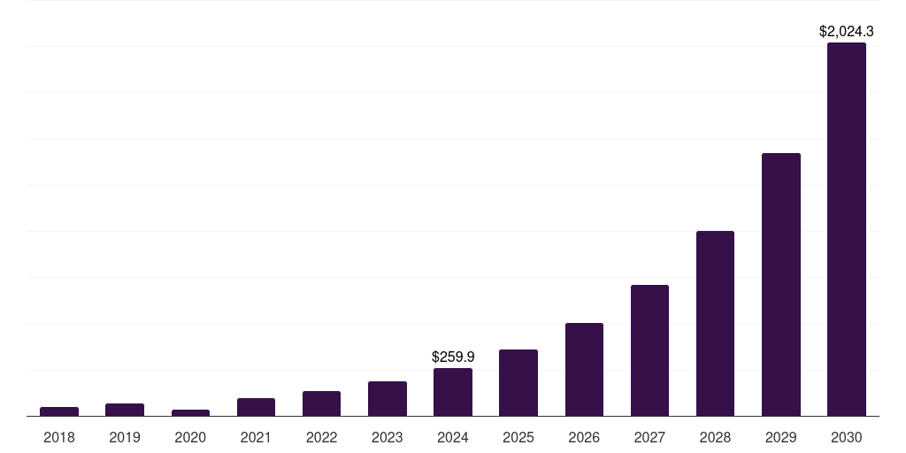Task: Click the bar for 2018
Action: (x=59, y=411)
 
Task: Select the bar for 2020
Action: (x=190, y=412)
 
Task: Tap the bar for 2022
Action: (x=321, y=403)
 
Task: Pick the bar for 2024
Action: (x=453, y=392)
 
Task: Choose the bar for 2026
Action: (x=584, y=370)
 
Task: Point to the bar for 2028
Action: (x=715, y=324)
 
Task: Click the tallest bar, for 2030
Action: (x=847, y=229)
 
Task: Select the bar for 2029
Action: (x=781, y=285)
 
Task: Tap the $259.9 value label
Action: (x=453, y=357)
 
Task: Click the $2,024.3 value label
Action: (x=847, y=31)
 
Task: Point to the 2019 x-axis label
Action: (x=125, y=437)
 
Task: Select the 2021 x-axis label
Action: (x=256, y=437)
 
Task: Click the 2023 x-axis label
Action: (x=388, y=437)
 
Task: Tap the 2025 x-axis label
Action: (x=518, y=437)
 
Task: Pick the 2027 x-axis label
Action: (x=649, y=437)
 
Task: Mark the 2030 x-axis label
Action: (x=847, y=437)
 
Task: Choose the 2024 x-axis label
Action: (x=453, y=437)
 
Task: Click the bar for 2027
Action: (x=649, y=350)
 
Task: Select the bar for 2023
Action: (x=388, y=399)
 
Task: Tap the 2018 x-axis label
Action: (x=59, y=437)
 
